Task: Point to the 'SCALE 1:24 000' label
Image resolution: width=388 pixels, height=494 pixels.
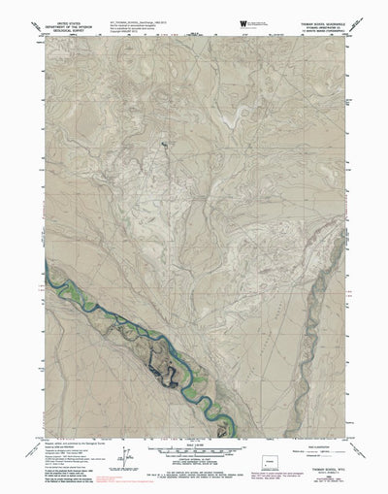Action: pyautogui.click(x=194, y=445)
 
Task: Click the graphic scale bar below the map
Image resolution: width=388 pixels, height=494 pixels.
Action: pyautogui.click(x=194, y=452)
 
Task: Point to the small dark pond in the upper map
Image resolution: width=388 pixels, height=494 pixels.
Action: pyautogui.click(x=164, y=145)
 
